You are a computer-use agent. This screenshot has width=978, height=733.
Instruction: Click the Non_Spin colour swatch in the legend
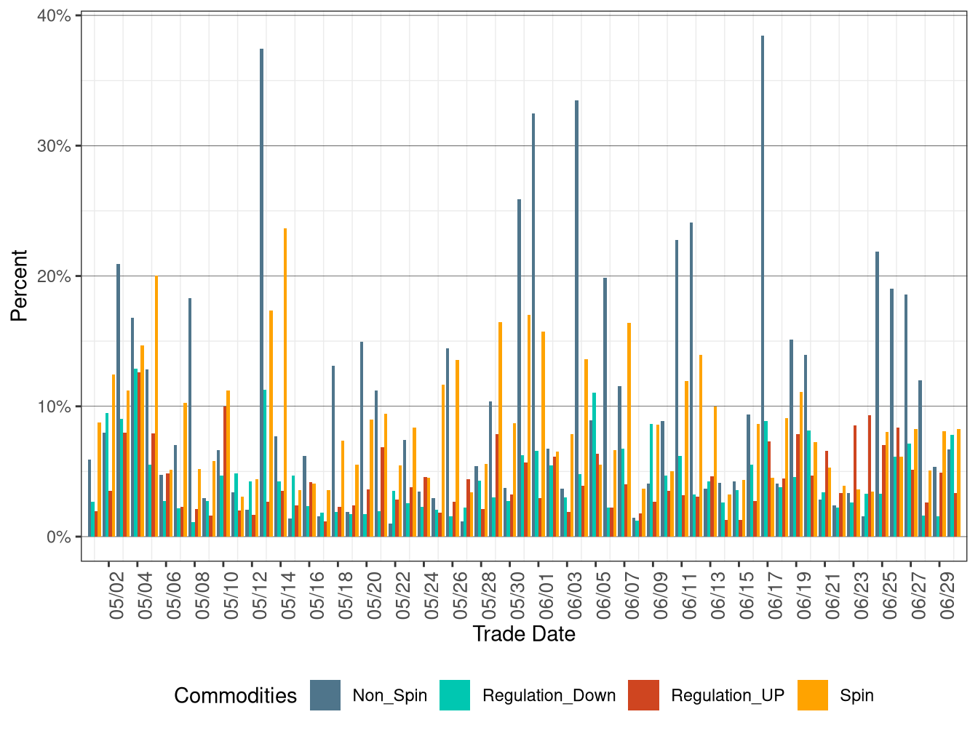(325, 695)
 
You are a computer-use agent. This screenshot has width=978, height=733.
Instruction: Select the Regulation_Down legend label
(549, 696)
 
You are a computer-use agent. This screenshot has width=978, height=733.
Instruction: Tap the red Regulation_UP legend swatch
(644, 695)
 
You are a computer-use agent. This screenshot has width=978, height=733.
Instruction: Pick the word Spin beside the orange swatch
(856, 696)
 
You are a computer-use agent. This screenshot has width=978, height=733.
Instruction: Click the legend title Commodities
(235, 696)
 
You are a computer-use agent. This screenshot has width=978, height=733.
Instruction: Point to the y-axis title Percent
(19, 285)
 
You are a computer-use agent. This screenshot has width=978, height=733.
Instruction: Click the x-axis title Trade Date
(524, 634)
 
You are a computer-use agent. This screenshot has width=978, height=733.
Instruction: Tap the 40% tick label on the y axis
(54, 16)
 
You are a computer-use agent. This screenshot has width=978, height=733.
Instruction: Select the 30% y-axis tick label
(54, 146)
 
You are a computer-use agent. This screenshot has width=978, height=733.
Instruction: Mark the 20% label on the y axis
(54, 276)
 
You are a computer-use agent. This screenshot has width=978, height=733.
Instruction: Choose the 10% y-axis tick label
(54, 406)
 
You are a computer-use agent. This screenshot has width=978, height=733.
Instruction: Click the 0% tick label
(58, 537)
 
